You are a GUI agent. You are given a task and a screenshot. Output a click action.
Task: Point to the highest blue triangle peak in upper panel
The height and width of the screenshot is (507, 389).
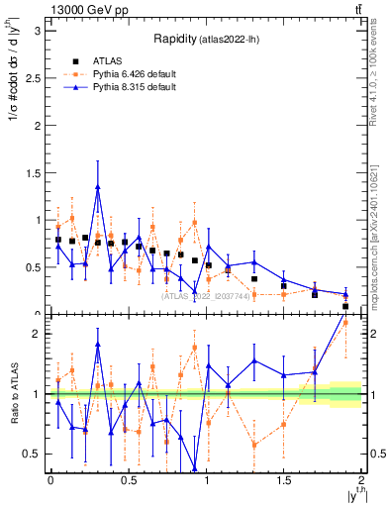coord(98,186)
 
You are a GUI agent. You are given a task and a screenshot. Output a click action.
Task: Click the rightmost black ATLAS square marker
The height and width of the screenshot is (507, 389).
coord(345,306)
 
